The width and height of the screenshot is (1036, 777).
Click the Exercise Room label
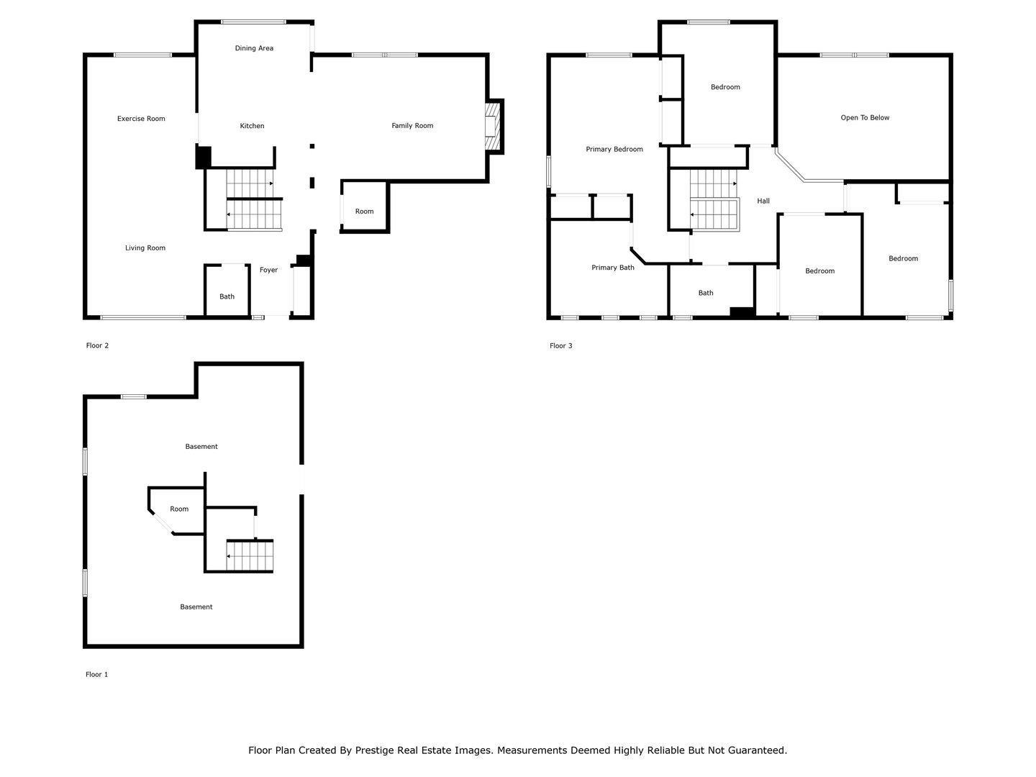coord(141,119)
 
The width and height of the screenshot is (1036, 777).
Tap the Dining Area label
coord(254,48)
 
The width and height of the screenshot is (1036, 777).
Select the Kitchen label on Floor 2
coord(252,126)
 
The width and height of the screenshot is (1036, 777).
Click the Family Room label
coord(412,126)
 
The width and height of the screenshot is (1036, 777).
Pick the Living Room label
coord(145,248)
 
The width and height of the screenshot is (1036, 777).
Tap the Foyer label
coord(268,270)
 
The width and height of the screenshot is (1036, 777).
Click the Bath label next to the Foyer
coord(227,296)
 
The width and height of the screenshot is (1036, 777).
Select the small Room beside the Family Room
coord(364,212)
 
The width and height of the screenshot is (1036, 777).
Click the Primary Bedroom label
coord(614,150)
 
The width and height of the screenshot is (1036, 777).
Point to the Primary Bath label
coord(613,268)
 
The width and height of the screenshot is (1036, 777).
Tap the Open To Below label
coord(865,118)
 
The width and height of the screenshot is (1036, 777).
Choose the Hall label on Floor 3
coord(763,201)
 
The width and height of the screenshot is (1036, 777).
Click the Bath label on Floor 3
coord(706,293)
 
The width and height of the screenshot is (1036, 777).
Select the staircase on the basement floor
coord(249,555)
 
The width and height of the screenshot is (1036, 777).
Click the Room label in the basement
coord(179,509)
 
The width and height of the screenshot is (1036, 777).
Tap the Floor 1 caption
coord(96,675)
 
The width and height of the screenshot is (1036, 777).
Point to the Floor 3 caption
coord(560,346)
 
